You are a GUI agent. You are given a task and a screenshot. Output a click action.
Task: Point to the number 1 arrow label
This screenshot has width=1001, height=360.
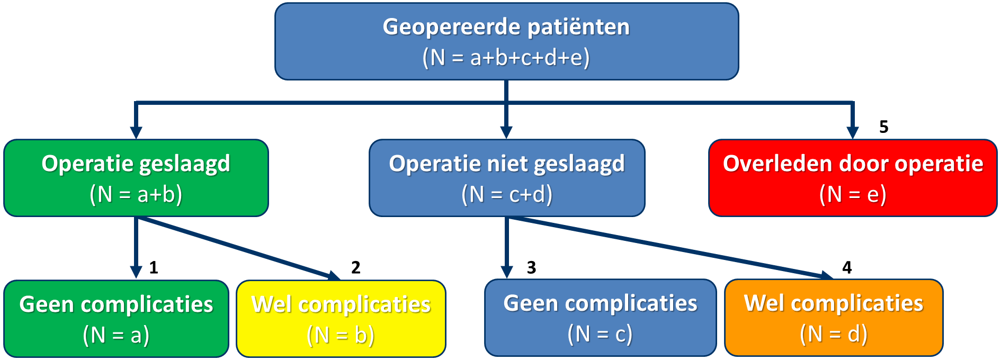click(154, 268)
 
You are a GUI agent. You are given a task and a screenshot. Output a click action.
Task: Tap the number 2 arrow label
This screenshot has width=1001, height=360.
click(356, 268)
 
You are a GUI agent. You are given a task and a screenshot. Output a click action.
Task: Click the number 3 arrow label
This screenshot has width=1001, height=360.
click(532, 268)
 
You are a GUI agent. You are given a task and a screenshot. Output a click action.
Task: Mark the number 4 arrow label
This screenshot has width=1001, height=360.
click(847, 268)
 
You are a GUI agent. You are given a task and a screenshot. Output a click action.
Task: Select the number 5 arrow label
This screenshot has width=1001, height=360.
click(884, 127)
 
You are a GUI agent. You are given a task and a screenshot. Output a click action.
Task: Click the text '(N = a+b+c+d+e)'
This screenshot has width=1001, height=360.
click(506, 57)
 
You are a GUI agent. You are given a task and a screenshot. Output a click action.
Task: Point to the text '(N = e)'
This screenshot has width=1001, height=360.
click(853, 194)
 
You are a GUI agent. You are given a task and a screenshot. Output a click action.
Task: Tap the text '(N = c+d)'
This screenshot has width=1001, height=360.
click(507, 194)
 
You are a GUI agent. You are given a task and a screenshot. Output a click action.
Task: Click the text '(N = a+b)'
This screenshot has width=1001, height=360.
click(136, 194)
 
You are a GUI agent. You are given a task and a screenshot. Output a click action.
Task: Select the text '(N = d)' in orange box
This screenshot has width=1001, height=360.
click(834, 334)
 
